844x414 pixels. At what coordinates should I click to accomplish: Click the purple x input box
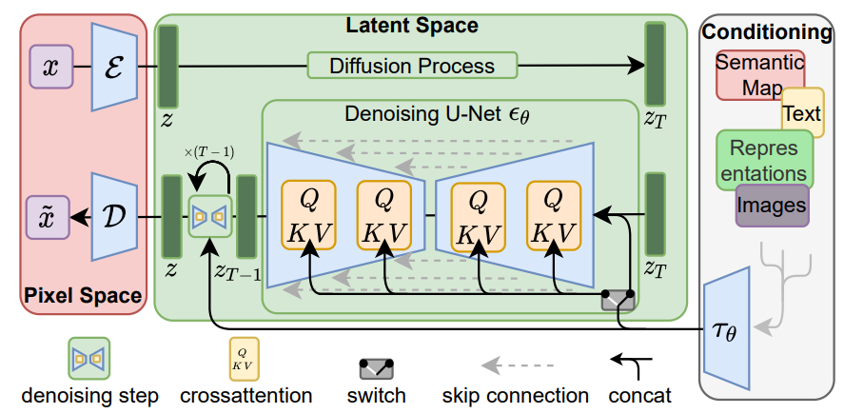[51, 68]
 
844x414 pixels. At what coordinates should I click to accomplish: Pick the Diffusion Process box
[411, 66]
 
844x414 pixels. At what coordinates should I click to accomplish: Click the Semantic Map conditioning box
[758, 75]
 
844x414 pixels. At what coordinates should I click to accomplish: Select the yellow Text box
[801, 113]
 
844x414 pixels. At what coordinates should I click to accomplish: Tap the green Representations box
[764, 160]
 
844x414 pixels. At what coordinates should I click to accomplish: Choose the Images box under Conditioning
[772, 205]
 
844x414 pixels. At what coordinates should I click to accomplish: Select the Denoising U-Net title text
[437, 113]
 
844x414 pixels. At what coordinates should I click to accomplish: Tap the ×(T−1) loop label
[208, 152]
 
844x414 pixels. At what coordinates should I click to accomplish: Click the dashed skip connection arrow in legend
[514, 365]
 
